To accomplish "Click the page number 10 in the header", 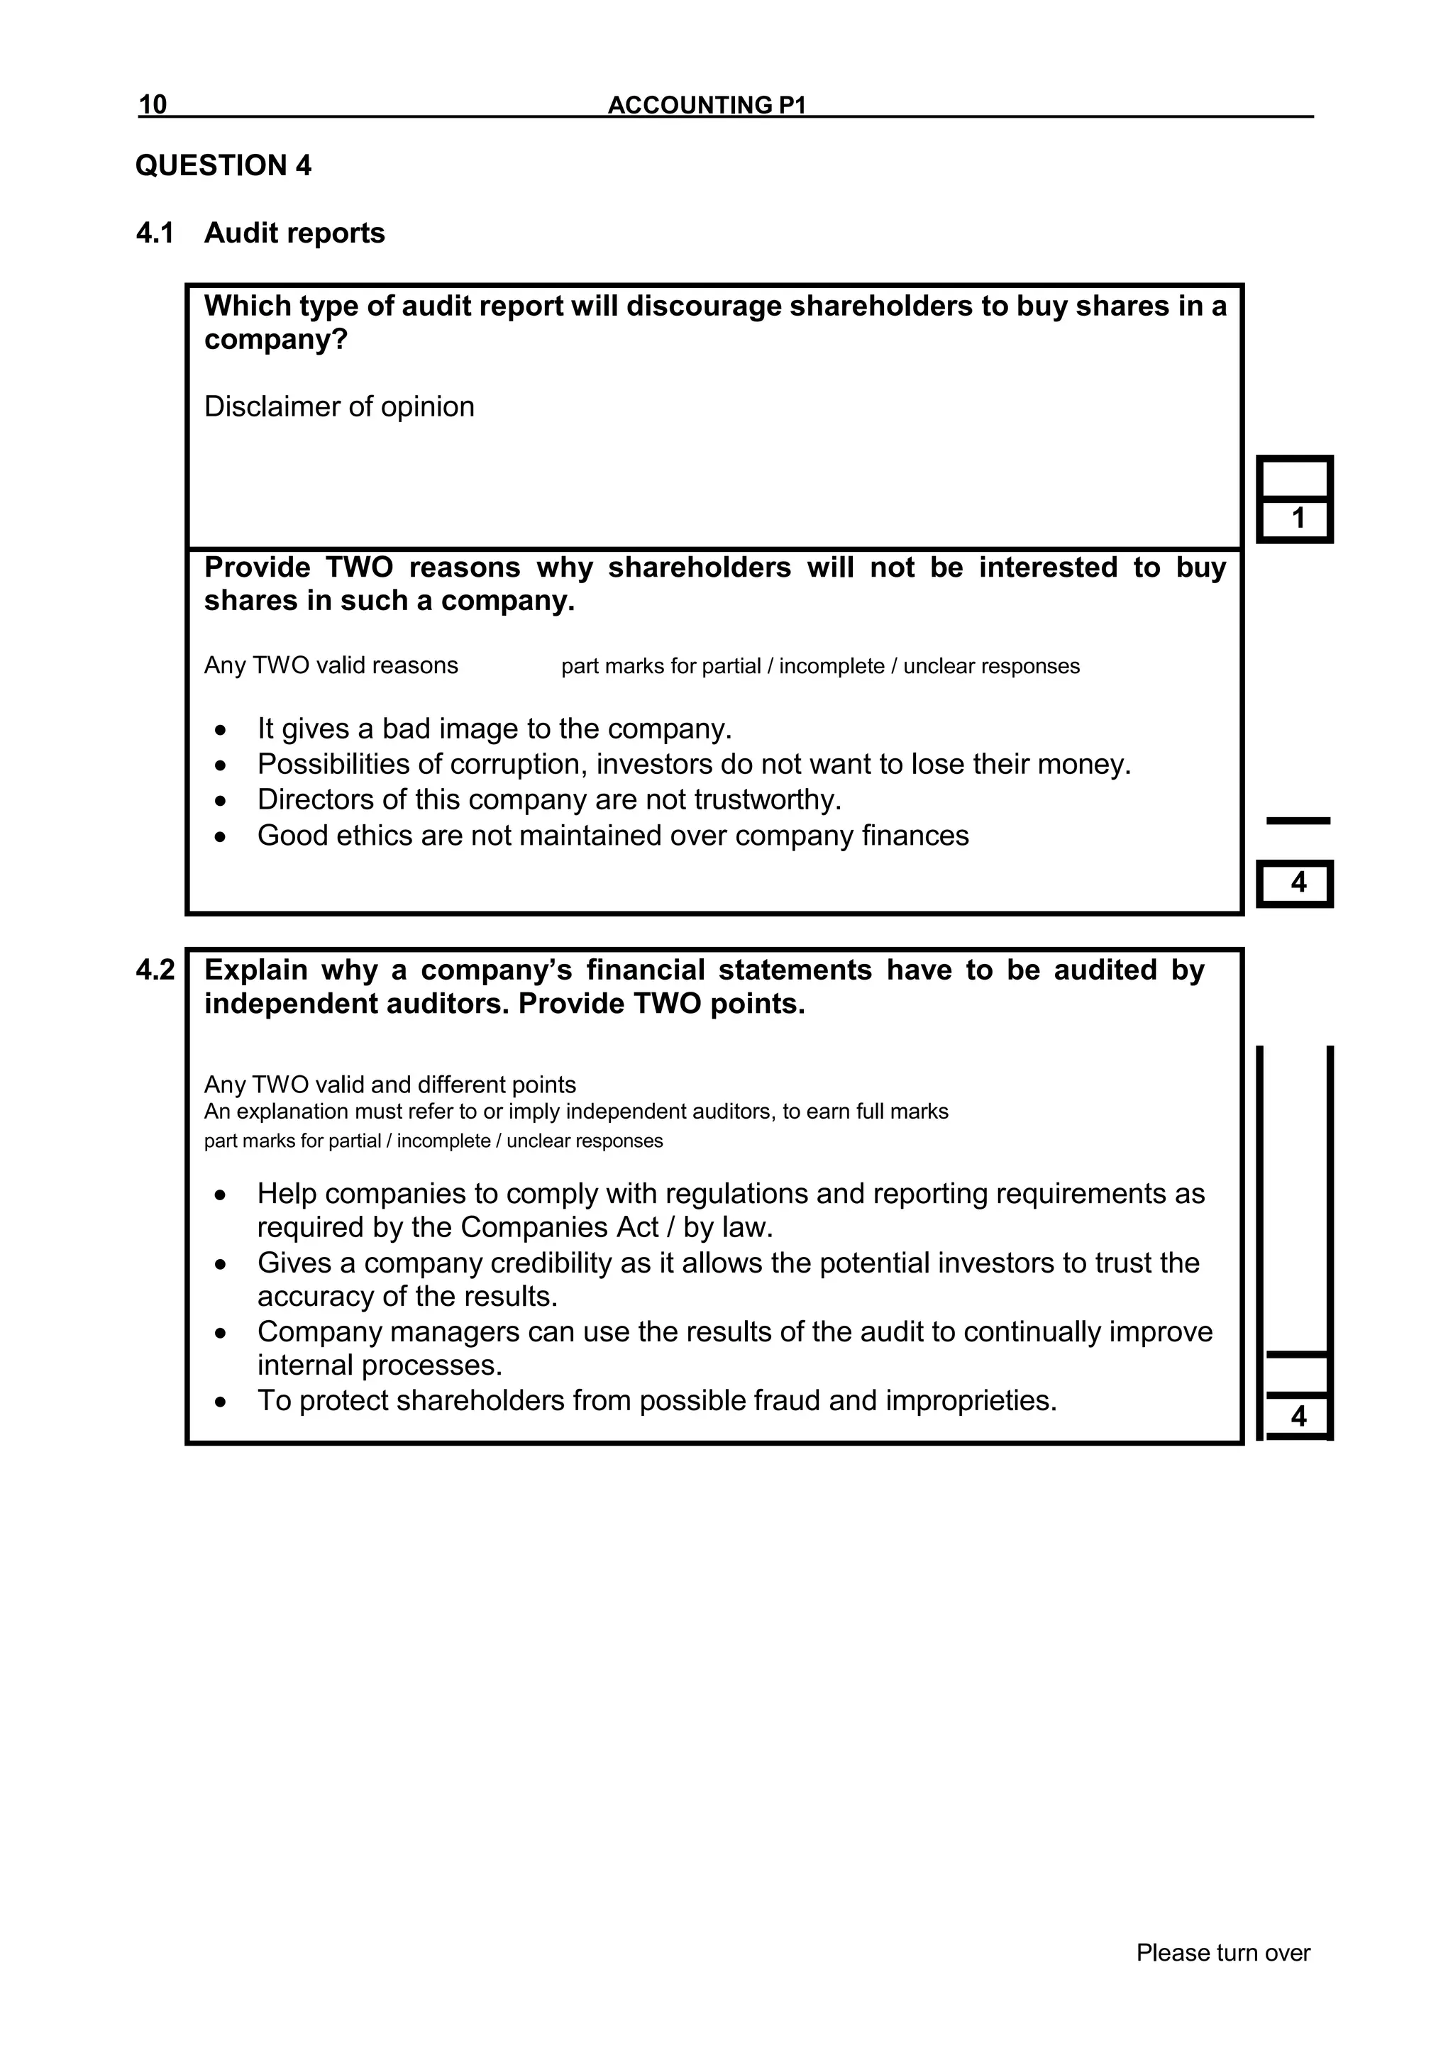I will [x=153, y=105].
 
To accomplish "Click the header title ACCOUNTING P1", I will [x=707, y=105].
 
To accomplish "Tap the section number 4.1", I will [x=154, y=233].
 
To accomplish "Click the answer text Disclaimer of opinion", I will [x=338, y=406].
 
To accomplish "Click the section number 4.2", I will [x=155, y=970].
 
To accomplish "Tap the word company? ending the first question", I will [x=275, y=340].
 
